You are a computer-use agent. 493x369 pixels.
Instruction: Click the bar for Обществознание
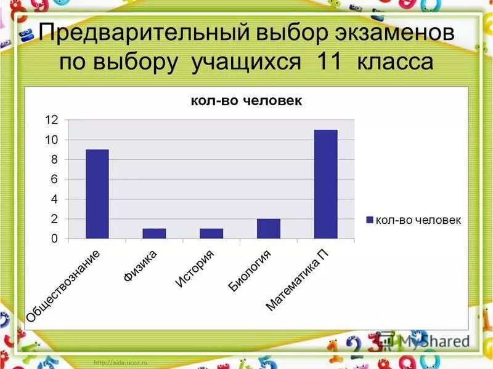[x=97, y=194]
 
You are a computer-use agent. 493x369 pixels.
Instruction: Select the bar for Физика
[x=154, y=234]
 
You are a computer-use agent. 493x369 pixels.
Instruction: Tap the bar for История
[x=211, y=234]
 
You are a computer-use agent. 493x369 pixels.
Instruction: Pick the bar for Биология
[x=268, y=229]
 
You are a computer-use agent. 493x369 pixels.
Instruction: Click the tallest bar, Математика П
[x=325, y=184]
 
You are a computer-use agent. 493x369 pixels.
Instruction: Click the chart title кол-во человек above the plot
[x=246, y=101]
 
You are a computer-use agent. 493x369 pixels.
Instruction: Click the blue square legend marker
[x=370, y=220]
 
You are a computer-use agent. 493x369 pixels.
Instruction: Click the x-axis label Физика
[x=141, y=265]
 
